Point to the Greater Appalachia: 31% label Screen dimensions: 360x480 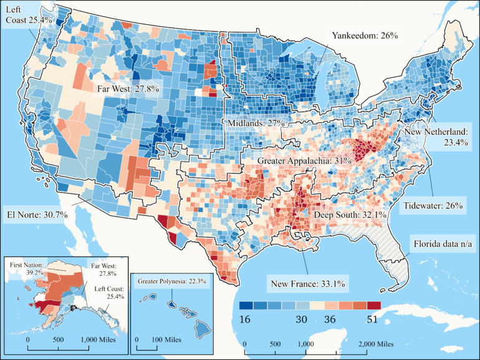tap(305, 160)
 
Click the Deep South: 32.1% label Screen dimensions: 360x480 tap(350, 215)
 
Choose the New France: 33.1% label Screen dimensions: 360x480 tap(309, 285)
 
